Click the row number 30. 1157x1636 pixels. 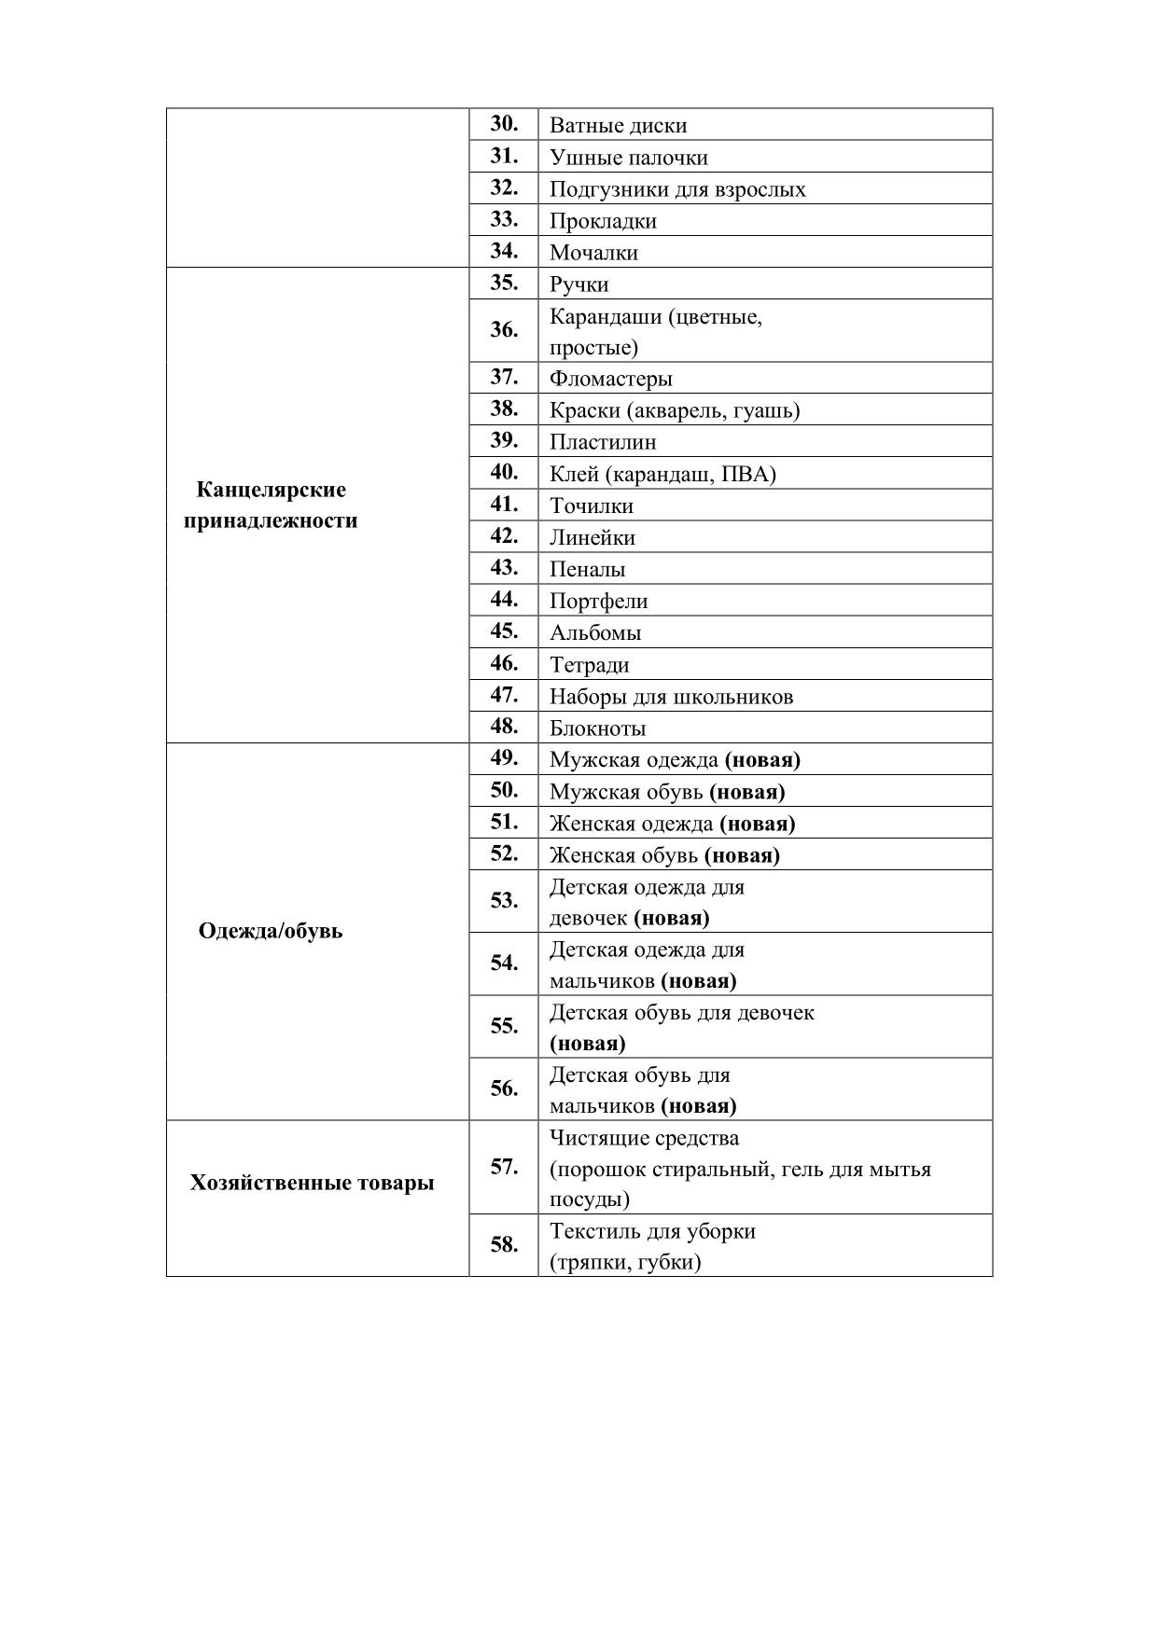pos(504,124)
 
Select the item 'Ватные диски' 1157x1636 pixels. pos(618,126)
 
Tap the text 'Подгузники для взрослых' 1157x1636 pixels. pos(676,189)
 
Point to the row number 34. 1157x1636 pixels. pos(504,251)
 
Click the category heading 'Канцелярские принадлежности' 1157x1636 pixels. pos(271,505)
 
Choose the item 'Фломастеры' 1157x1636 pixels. pos(610,379)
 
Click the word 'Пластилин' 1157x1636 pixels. pos(602,442)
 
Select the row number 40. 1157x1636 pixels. pos(504,473)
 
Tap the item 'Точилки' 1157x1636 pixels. pos(591,506)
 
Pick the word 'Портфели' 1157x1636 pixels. pos(598,602)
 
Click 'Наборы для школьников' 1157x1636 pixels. pos(671,697)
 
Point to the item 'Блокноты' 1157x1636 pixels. pos(597,728)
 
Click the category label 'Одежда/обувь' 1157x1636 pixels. pos(271,931)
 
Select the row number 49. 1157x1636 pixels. pos(504,758)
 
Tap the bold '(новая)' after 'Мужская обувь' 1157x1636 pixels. pos(746,792)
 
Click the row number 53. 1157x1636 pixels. pos(504,901)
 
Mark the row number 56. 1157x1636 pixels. pos(504,1088)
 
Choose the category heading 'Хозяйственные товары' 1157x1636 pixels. pos(312,1183)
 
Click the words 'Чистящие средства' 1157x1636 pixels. pos(644,1138)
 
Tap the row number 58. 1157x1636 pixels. pos(504,1245)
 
